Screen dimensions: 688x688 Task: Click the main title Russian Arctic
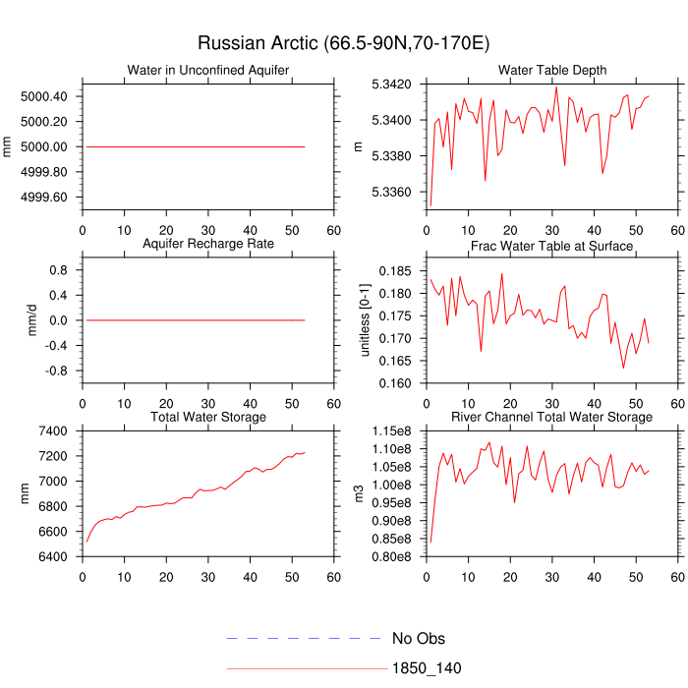(343, 43)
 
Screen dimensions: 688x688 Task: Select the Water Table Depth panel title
(551, 70)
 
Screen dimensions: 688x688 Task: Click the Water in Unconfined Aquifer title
(208, 70)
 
